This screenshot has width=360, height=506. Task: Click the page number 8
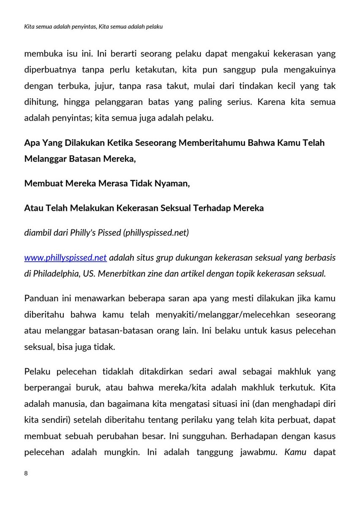26,474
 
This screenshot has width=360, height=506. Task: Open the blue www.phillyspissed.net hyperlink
65,257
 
